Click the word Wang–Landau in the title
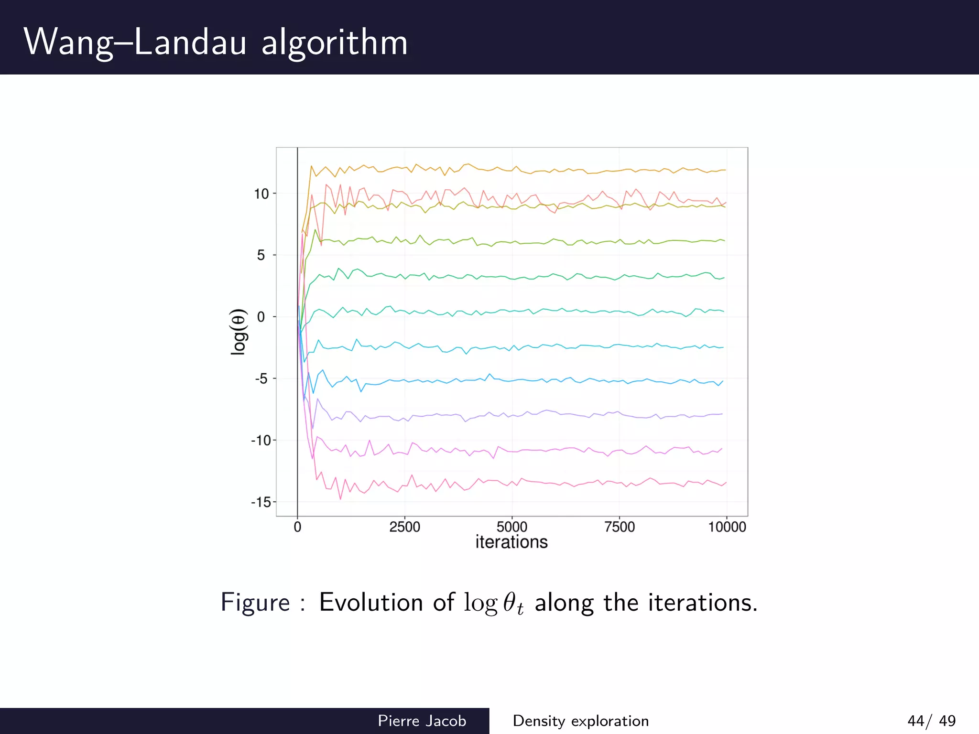[x=135, y=42]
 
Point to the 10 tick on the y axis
[x=261, y=194]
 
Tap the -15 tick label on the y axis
[x=261, y=502]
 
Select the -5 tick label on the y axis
[x=261, y=379]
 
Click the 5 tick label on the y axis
[x=261, y=255]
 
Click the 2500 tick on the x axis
[x=404, y=527]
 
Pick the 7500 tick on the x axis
[x=620, y=527]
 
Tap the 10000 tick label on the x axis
[x=727, y=527]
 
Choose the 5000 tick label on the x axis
[x=512, y=527]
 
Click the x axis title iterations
[x=511, y=542]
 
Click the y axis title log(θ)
[x=239, y=332]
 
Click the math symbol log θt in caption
[x=494, y=603]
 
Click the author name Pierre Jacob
[x=422, y=721]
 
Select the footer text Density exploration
[x=580, y=721]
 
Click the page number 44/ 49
[x=931, y=721]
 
